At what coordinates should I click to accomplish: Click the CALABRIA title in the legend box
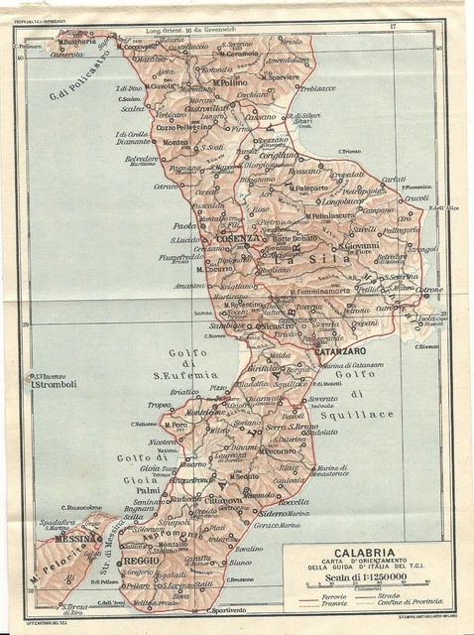point(368,553)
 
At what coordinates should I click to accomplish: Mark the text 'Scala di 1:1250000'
point(367,581)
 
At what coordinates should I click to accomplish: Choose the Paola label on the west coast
point(185,224)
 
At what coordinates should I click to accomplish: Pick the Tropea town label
point(159,405)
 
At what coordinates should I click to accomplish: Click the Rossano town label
point(304,171)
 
